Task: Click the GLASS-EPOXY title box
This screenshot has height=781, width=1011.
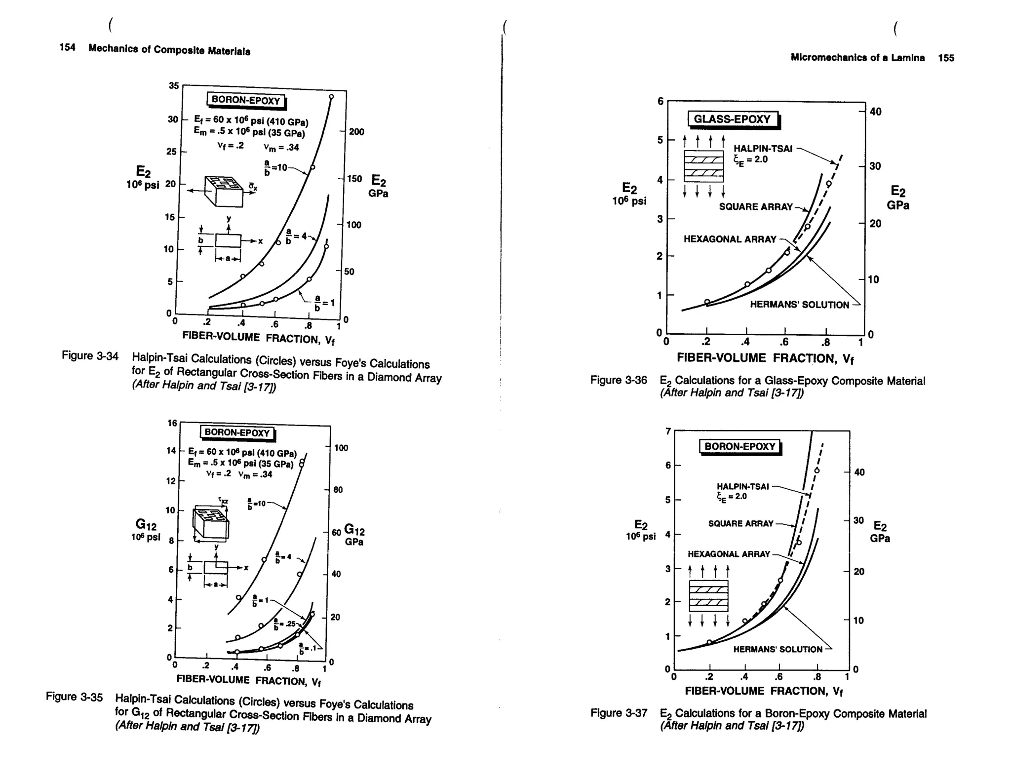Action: (x=733, y=119)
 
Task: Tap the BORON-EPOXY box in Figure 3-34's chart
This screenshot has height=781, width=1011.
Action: (x=246, y=100)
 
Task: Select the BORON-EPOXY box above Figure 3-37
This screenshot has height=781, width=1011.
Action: (x=739, y=446)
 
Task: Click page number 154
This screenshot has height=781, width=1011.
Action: (x=67, y=47)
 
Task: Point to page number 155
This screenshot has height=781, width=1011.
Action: (x=946, y=58)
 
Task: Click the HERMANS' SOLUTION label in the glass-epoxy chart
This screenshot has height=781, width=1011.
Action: (x=799, y=305)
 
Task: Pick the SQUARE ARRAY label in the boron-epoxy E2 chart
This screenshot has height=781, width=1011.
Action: (x=740, y=523)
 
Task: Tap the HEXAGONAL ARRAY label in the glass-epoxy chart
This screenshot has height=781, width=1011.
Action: (x=730, y=239)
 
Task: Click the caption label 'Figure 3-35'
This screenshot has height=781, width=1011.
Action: (x=74, y=697)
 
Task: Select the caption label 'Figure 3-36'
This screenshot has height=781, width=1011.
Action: (x=619, y=380)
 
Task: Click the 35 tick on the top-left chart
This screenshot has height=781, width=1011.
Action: (x=174, y=85)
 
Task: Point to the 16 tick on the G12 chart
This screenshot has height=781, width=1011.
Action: (x=172, y=423)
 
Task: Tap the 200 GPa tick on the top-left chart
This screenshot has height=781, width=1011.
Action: (x=356, y=132)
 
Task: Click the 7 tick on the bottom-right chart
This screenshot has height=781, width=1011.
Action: (x=668, y=431)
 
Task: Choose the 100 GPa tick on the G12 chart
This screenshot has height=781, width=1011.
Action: (x=341, y=448)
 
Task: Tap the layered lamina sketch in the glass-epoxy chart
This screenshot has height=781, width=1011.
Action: (x=703, y=166)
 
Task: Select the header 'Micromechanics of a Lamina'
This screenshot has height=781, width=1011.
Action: (x=857, y=58)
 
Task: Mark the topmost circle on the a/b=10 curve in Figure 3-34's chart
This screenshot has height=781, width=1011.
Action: (x=331, y=97)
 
